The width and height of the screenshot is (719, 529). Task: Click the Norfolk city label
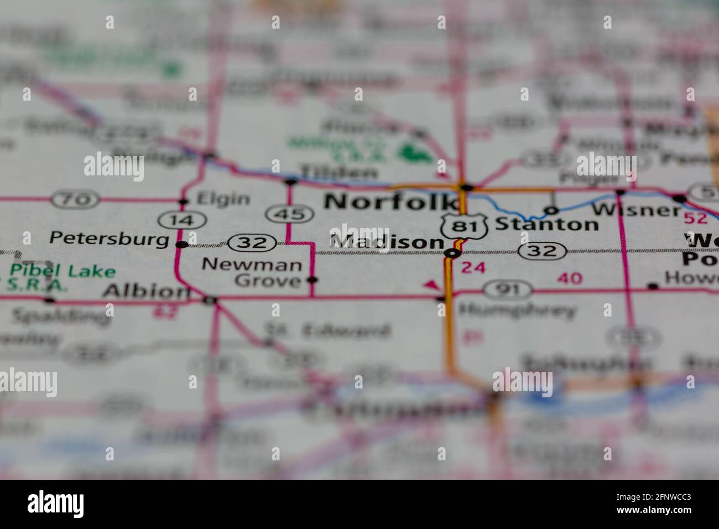click(x=390, y=202)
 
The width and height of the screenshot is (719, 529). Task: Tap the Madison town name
click(x=387, y=242)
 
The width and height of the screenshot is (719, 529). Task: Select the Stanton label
click(x=546, y=224)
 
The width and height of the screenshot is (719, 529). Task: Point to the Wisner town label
click(x=636, y=210)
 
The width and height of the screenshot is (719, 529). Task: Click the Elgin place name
click(x=223, y=199)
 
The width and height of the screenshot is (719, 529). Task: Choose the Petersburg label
click(x=109, y=238)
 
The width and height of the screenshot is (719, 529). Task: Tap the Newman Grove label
click(x=252, y=272)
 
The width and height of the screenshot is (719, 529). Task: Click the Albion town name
click(x=144, y=290)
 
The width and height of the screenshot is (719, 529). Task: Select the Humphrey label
click(x=517, y=310)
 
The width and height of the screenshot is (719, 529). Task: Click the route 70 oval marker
click(x=75, y=199)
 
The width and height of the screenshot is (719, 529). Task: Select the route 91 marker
click(x=507, y=288)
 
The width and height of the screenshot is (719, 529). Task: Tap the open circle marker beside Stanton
click(x=550, y=210)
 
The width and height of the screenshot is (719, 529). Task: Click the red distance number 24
click(x=473, y=268)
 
